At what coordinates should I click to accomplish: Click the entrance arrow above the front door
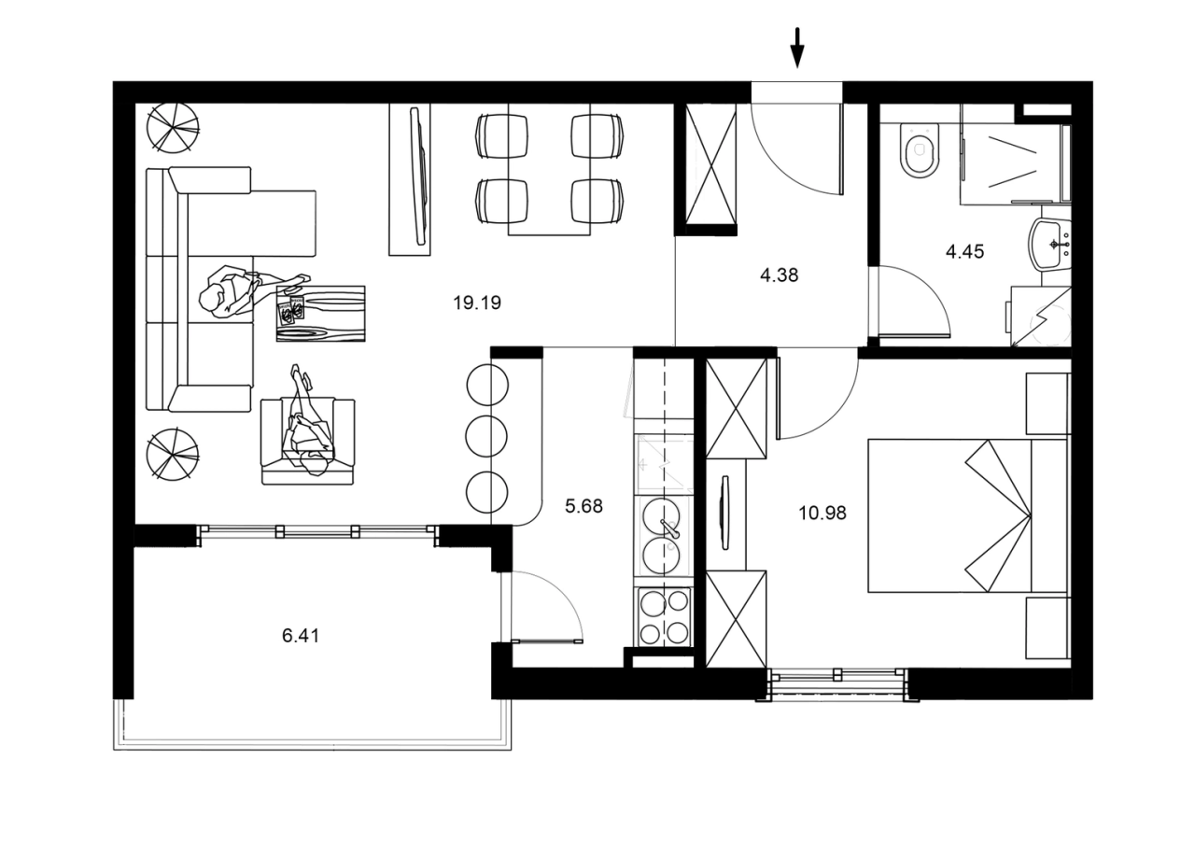(796, 48)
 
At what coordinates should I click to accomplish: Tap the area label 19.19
(477, 303)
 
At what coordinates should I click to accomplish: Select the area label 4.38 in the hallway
(780, 275)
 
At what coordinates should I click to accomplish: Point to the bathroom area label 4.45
(964, 251)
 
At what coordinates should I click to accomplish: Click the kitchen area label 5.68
(584, 507)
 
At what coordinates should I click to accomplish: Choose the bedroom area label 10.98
(822, 512)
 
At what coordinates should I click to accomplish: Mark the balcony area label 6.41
(301, 636)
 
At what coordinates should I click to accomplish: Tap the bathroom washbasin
(1050, 245)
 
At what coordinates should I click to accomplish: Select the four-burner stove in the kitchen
(664, 616)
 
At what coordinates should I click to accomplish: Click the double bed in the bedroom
(966, 515)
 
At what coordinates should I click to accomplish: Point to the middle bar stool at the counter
(485, 435)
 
